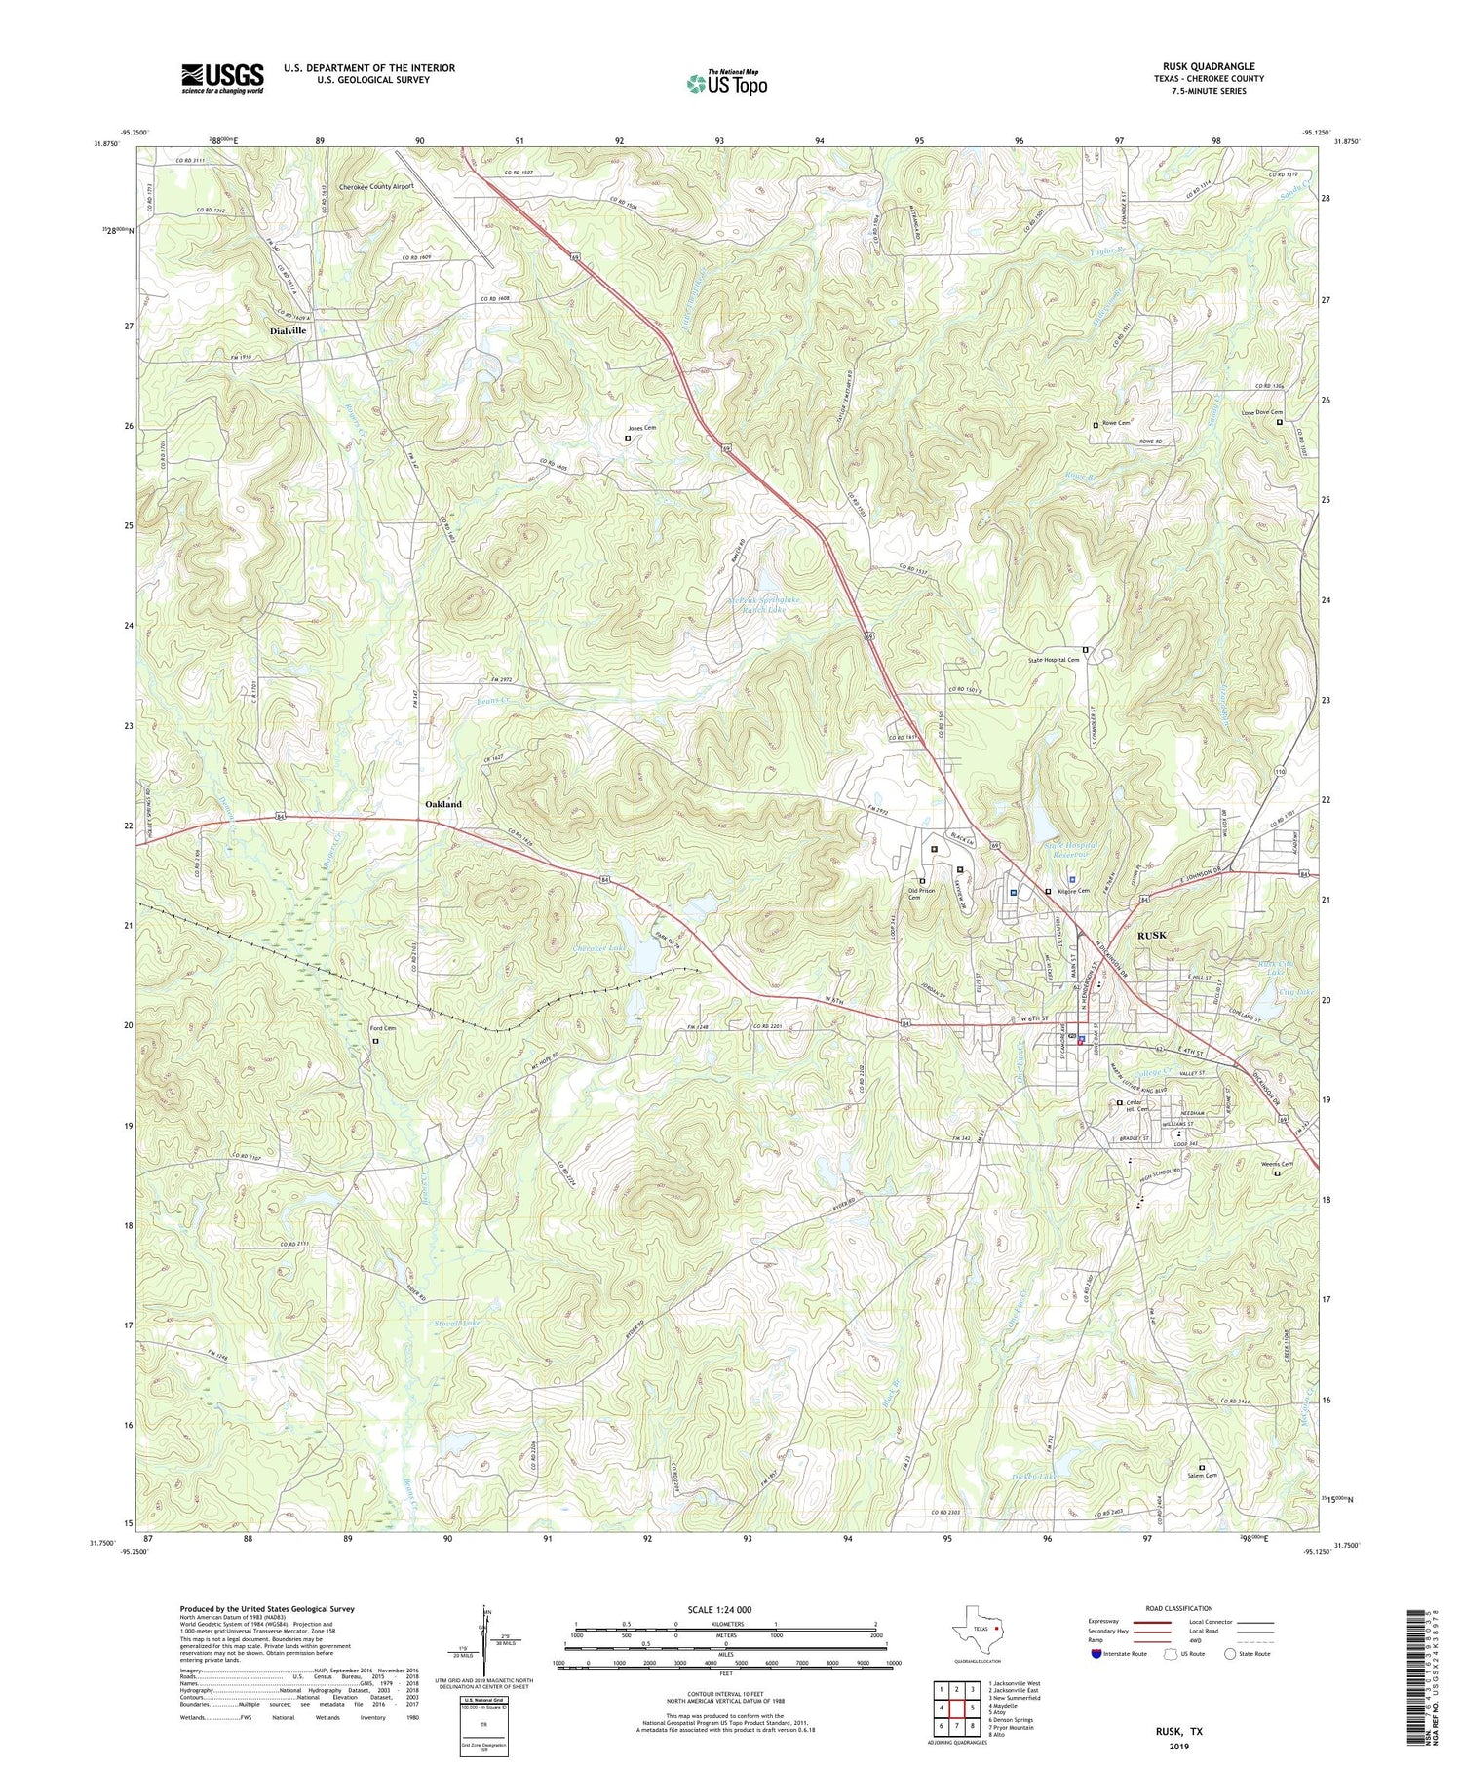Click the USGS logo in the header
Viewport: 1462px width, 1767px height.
(x=222, y=78)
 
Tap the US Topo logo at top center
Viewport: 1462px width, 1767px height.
(x=727, y=83)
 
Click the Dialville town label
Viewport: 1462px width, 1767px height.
(x=288, y=331)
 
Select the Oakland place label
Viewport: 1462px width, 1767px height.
(x=443, y=805)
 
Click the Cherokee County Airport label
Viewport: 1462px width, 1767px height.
(x=376, y=186)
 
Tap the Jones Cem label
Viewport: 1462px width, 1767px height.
(x=641, y=429)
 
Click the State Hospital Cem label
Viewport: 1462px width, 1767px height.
(x=1054, y=660)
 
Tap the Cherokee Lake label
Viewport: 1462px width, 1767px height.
(x=598, y=947)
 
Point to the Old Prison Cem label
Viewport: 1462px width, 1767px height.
(x=922, y=894)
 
